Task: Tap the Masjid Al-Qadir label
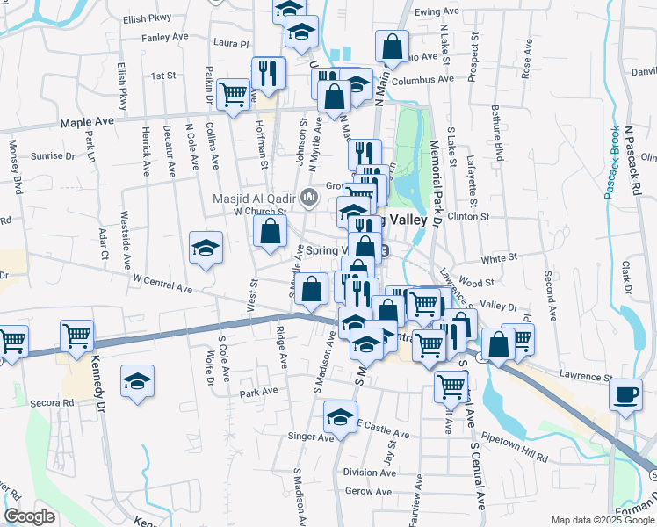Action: click(x=256, y=197)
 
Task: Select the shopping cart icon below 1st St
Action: click(x=233, y=93)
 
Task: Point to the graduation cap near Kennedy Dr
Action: click(x=137, y=381)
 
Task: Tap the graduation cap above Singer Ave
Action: click(x=340, y=415)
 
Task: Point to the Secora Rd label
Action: click(x=55, y=403)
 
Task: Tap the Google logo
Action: click(x=29, y=516)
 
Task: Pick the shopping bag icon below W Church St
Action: click(x=270, y=231)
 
